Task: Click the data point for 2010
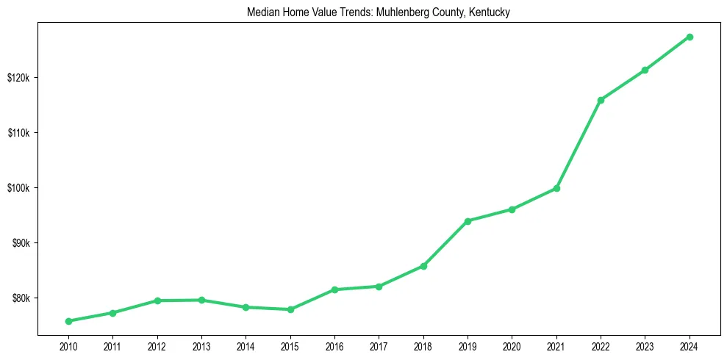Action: (x=68, y=321)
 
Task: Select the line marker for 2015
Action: (x=290, y=309)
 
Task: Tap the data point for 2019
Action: (x=468, y=221)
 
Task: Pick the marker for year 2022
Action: (x=601, y=100)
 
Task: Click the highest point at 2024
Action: (x=690, y=37)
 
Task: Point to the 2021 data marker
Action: (x=556, y=189)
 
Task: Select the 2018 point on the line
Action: (x=423, y=266)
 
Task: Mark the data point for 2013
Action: (x=201, y=300)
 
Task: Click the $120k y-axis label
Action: (x=18, y=78)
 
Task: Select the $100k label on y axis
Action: (x=18, y=188)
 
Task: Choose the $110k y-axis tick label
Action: (x=18, y=133)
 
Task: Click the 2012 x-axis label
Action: (x=157, y=346)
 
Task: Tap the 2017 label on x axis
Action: (x=379, y=346)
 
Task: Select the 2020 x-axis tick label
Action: (x=512, y=346)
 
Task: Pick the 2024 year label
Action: (x=690, y=346)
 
